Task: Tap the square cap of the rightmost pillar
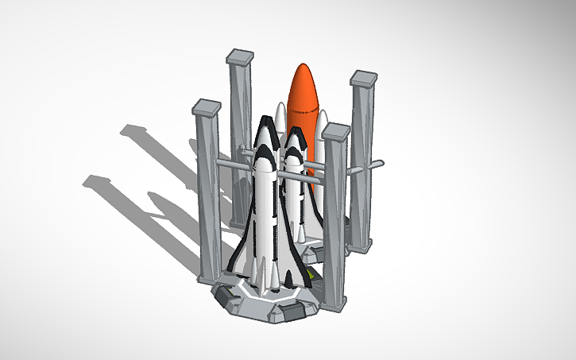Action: click(364, 78)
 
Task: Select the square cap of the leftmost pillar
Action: click(207, 106)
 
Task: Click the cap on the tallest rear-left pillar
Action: click(240, 56)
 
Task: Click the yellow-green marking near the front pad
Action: click(308, 277)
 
